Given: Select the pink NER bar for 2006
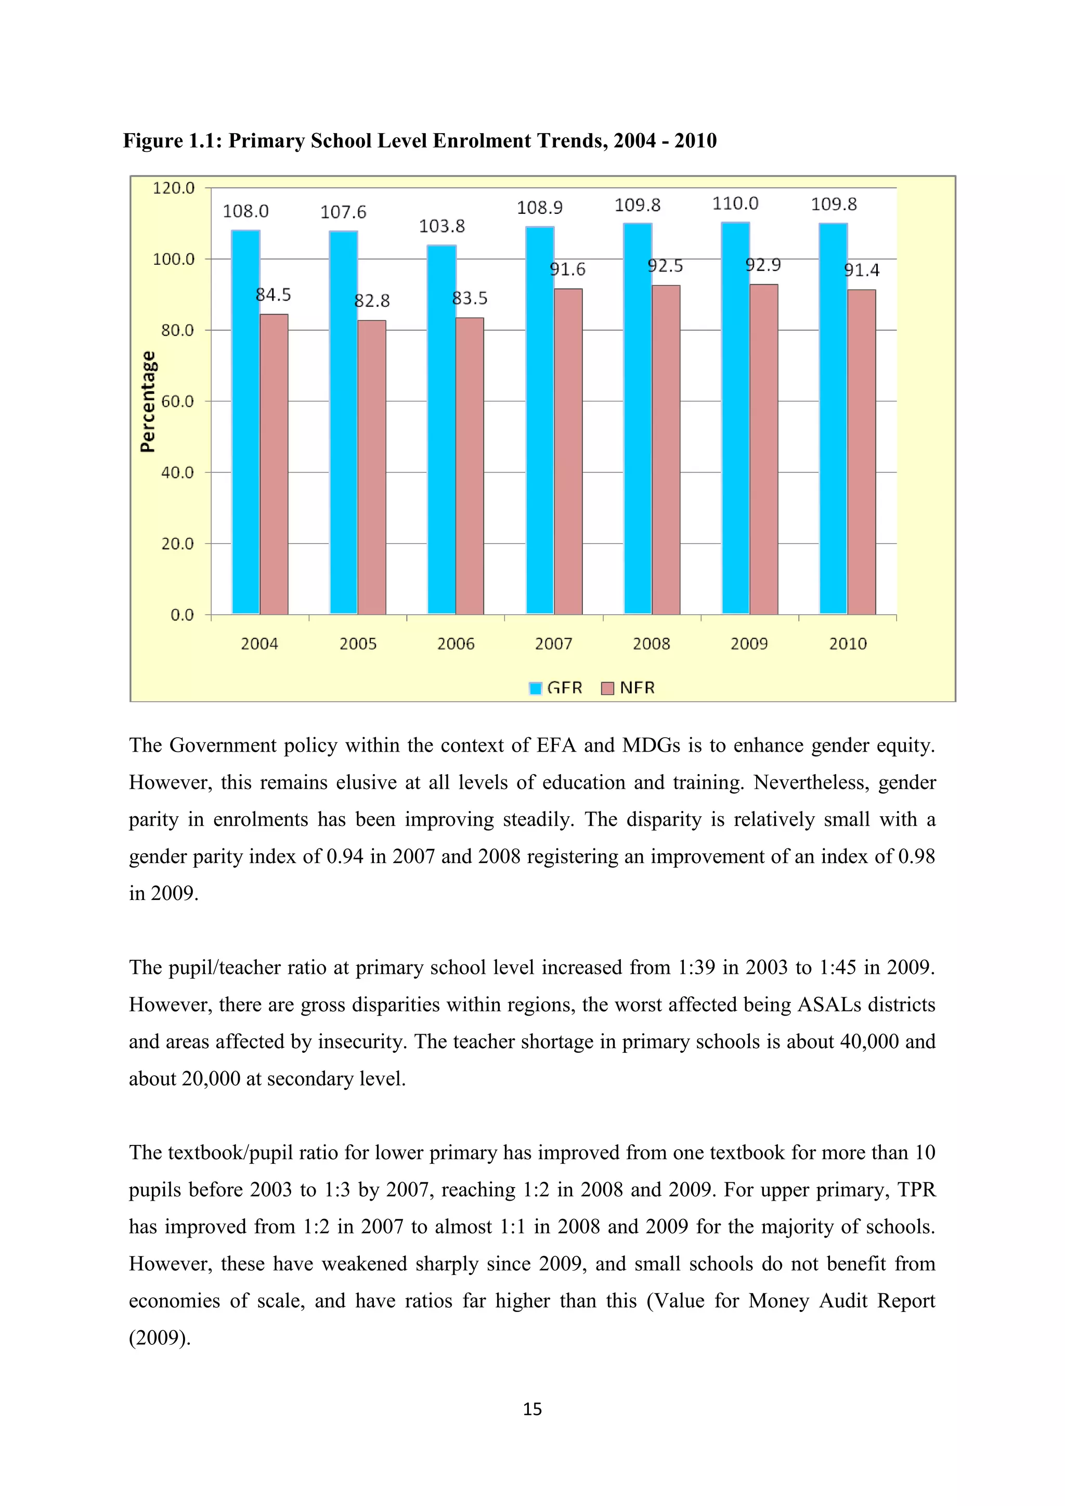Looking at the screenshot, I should [470, 466].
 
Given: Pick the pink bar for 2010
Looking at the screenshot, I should [862, 452].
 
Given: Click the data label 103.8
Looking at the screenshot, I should [442, 226].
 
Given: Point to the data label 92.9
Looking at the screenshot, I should [763, 265].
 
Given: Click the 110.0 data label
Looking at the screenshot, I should [735, 203].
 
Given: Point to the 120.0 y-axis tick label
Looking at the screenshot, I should [173, 188].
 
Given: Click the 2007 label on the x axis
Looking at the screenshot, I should [553, 644].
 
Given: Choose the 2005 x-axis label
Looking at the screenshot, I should [358, 644].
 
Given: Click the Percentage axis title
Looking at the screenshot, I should [149, 402].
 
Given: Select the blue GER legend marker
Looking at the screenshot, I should [535, 688].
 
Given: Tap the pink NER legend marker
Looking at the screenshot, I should [608, 688].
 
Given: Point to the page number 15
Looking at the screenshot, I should [532, 1409].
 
